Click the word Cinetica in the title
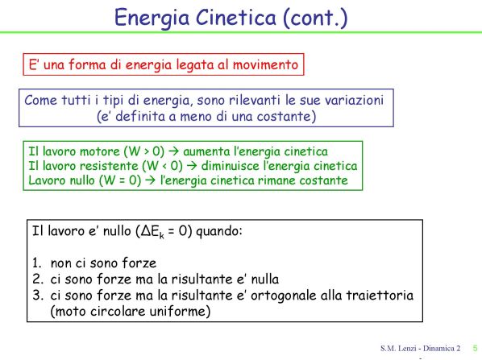tap(236, 17)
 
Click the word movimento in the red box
tap(265, 64)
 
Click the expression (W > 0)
tap(143, 151)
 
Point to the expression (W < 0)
tap(162, 166)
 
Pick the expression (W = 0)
tap(120, 180)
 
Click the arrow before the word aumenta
tap(173, 151)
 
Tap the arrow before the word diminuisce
tap(192, 166)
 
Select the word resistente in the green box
tap(109, 166)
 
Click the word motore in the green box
tap(100, 151)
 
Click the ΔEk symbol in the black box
tap(152, 231)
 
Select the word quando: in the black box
tap(219, 231)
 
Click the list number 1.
tap(36, 263)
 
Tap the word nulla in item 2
tap(265, 279)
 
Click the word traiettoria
tap(380, 296)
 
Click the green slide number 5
tap(475, 349)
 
